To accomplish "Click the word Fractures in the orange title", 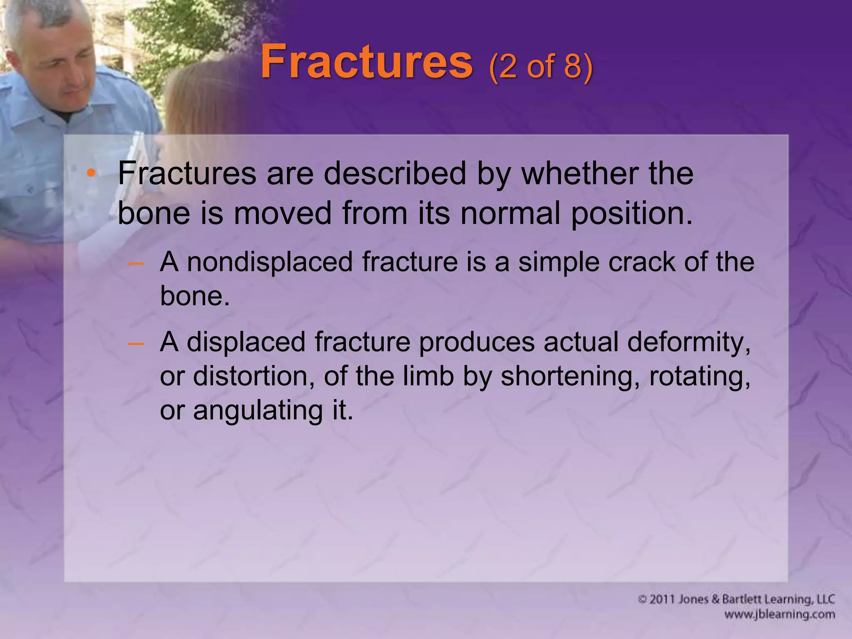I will [x=366, y=62].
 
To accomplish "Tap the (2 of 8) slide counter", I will [x=541, y=67].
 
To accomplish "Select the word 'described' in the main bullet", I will [x=395, y=173].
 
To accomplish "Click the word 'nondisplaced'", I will [x=270, y=262].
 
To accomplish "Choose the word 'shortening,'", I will [x=570, y=376].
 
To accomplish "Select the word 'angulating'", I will [x=258, y=410].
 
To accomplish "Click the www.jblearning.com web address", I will [x=779, y=614].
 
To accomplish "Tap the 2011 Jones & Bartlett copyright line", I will [x=736, y=599].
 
